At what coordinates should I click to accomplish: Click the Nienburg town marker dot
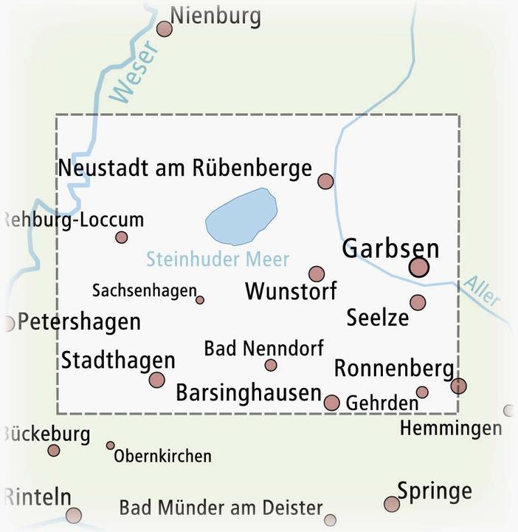point(165,29)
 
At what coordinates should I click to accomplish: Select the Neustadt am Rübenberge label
point(185,168)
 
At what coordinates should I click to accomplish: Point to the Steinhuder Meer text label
point(218,259)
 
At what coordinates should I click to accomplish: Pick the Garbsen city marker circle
point(419,267)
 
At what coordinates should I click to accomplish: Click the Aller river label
point(482,293)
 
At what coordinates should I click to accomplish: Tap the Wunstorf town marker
point(317,274)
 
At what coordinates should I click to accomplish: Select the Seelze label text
point(377,318)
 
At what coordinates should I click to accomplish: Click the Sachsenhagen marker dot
point(200,300)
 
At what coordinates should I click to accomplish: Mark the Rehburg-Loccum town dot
point(122,237)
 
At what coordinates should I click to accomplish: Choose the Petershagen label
point(78,322)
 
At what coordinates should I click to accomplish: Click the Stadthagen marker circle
point(156,380)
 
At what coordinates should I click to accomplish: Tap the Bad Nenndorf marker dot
point(271,365)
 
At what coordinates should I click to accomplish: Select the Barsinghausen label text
point(249,393)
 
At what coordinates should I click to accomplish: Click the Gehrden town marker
point(422,392)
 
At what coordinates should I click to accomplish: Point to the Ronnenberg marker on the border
point(459,385)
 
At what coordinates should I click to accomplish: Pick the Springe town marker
point(392,504)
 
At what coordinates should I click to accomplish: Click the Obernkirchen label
point(162,456)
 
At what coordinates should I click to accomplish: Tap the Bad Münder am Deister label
point(221,508)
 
